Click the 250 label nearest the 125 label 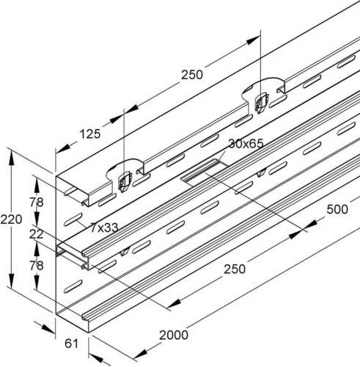[x=193, y=75]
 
